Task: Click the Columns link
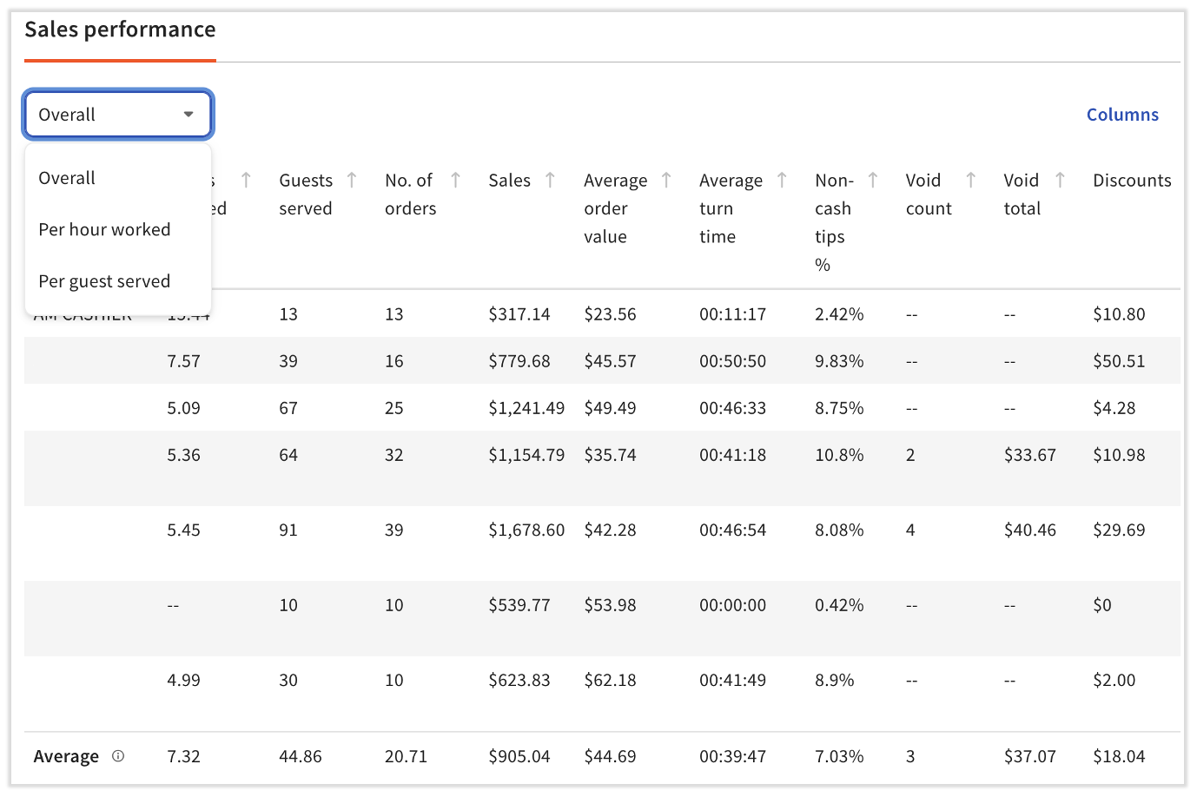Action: click(1122, 115)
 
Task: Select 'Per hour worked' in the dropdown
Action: click(104, 230)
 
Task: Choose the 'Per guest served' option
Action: click(104, 281)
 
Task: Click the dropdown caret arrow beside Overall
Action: click(188, 115)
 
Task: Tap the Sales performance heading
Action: click(120, 30)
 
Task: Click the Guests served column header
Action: click(306, 194)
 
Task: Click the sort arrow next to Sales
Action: click(550, 180)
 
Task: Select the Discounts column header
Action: click(1132, 181)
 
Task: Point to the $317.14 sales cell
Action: click(519, 314)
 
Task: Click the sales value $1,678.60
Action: click(526, 530)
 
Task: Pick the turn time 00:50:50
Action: click(732, 361)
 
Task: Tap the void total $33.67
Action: click(1029, 455)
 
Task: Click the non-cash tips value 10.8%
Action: click(838, 455)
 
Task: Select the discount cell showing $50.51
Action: click(1119, 361)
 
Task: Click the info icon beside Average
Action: click(118, 756)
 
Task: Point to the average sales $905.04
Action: click(519, 756)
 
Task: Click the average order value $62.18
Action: click(610, 680)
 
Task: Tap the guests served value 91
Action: click(288, 530)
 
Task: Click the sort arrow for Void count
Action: click(971, 180)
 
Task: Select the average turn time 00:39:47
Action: click(732, 756)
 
